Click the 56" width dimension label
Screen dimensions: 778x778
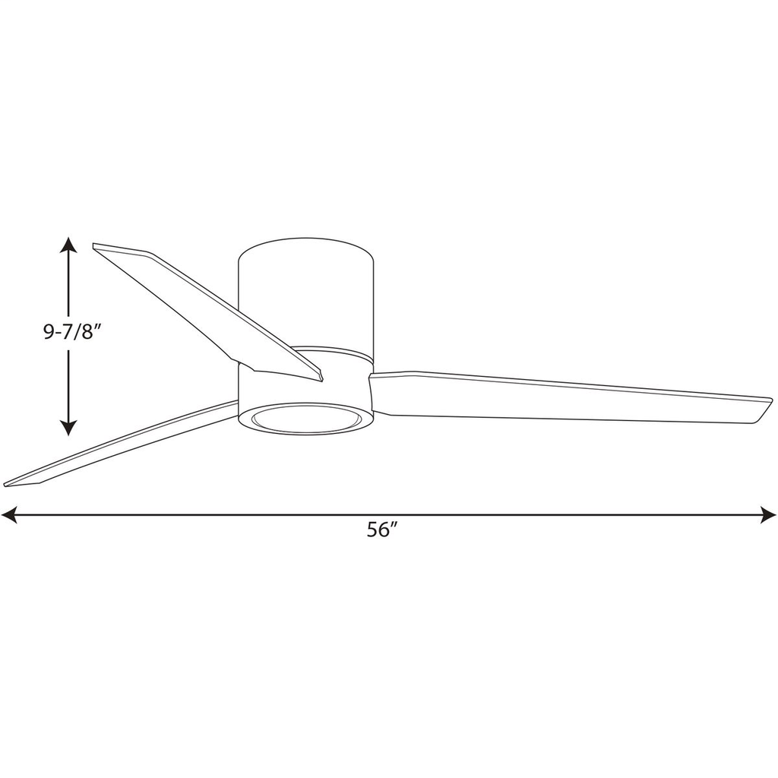(382, 530)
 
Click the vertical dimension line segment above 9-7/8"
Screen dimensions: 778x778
(68, 285)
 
